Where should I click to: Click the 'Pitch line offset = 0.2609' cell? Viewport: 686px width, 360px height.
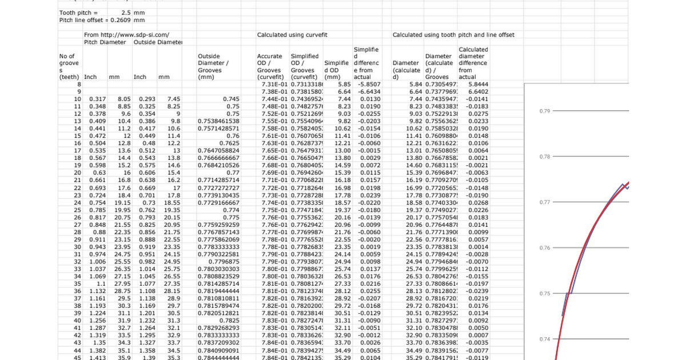pyautogui.click(x=95, y=19)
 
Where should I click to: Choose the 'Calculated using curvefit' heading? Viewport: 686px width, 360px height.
pyautogui.click(x=293, y=35)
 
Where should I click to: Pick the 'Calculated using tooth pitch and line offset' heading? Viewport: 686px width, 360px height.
pyautogui.click(x=453, y=35)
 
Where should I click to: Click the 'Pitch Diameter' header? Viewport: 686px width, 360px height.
pyautogui.click(x=107, y=42)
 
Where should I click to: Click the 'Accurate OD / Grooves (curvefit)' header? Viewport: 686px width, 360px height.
pyautogui.click(x=269, y=66)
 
